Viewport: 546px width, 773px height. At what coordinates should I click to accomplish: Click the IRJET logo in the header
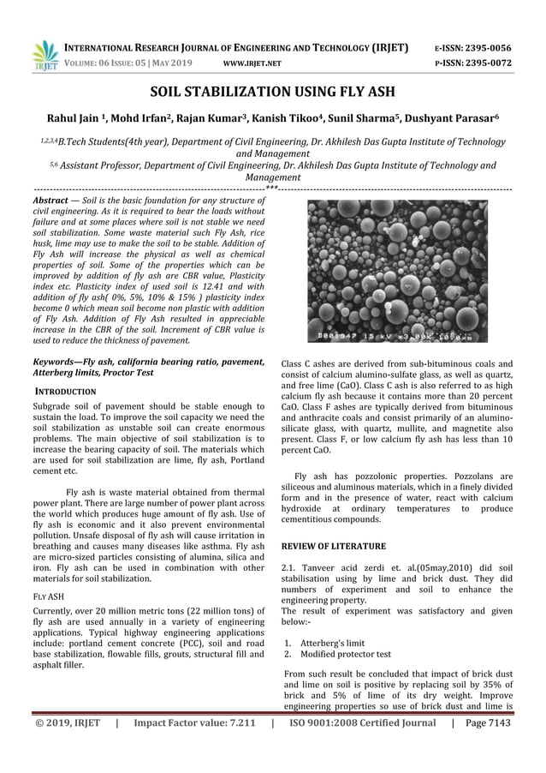(44, 54)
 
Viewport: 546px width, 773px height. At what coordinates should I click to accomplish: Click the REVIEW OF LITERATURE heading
(333, 546)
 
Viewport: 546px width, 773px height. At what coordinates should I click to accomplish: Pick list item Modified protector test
(342, 654)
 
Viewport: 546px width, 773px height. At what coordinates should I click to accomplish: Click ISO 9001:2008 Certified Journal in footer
(363, 722)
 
